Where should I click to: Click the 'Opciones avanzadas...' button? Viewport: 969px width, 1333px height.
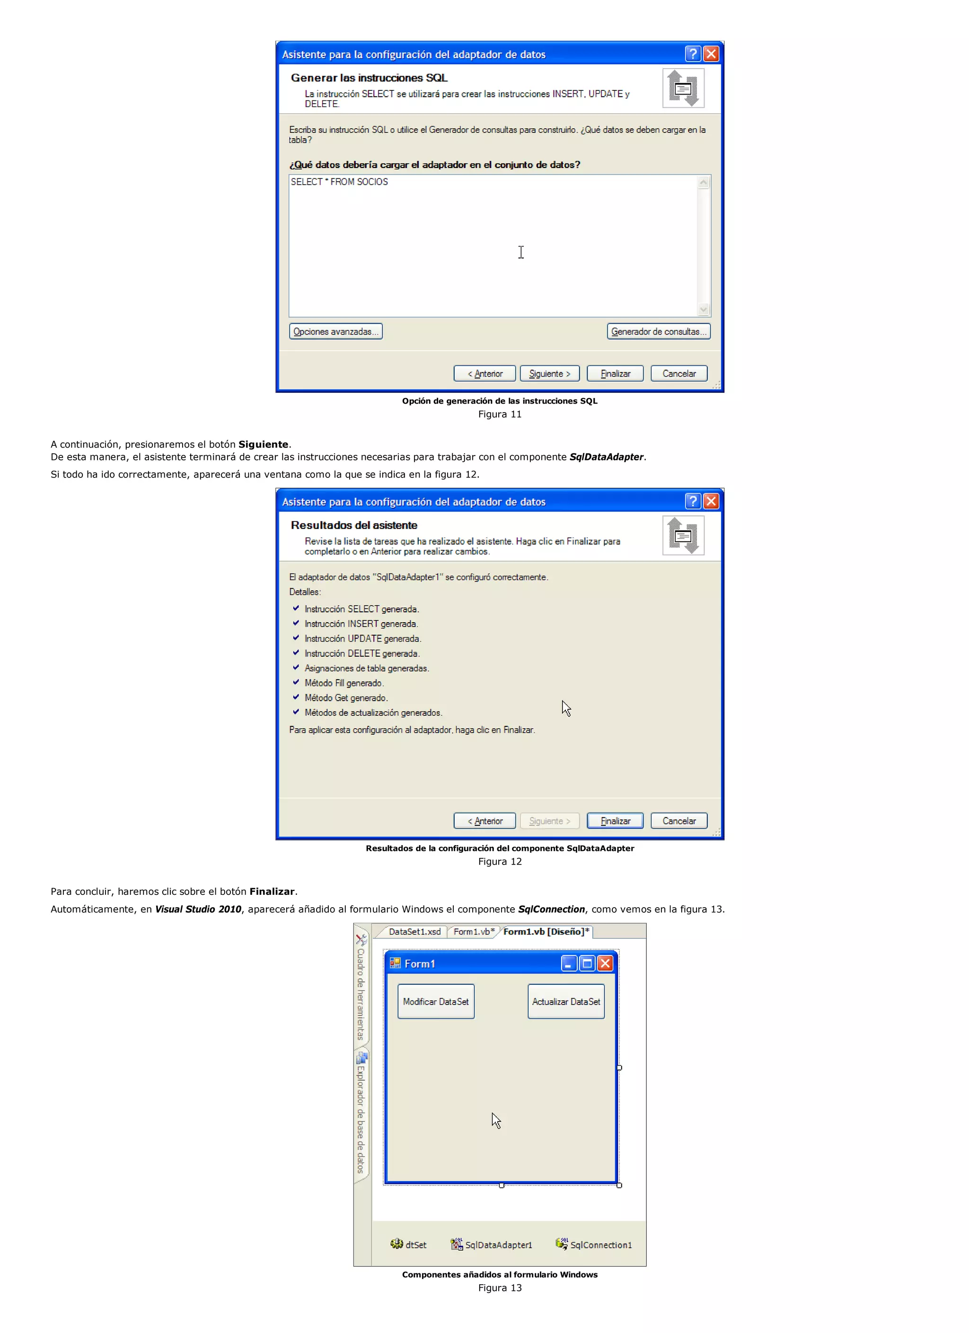tap(335, 332)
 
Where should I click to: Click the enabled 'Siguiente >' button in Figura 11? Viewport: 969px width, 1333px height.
tap(549, 374)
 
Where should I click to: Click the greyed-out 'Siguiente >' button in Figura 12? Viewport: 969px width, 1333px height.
tap(549, 821)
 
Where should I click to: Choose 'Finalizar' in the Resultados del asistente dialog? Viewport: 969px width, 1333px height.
tap(615, 821)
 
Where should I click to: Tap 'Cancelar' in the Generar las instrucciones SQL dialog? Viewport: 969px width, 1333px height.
tap(678, 374)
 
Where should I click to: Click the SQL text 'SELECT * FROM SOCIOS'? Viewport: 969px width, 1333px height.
tap(339, 182)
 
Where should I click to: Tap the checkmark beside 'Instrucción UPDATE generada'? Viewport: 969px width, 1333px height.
tap(296, 638)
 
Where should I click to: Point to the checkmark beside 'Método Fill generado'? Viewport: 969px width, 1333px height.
tap(296, 682)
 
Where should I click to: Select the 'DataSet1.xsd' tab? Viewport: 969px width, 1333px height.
tap(414, 932)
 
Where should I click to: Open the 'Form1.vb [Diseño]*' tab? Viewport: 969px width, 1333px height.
tap(546, 932)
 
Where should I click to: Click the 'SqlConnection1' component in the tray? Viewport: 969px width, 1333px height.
tap(594, 1245)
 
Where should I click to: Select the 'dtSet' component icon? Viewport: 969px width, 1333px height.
tap(397, 1244)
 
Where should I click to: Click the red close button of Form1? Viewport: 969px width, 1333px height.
tap(605, 963)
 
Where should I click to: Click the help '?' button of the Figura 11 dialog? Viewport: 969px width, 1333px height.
tap(693, 54)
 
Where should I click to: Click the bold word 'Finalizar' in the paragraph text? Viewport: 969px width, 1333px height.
tap(272, 892)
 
